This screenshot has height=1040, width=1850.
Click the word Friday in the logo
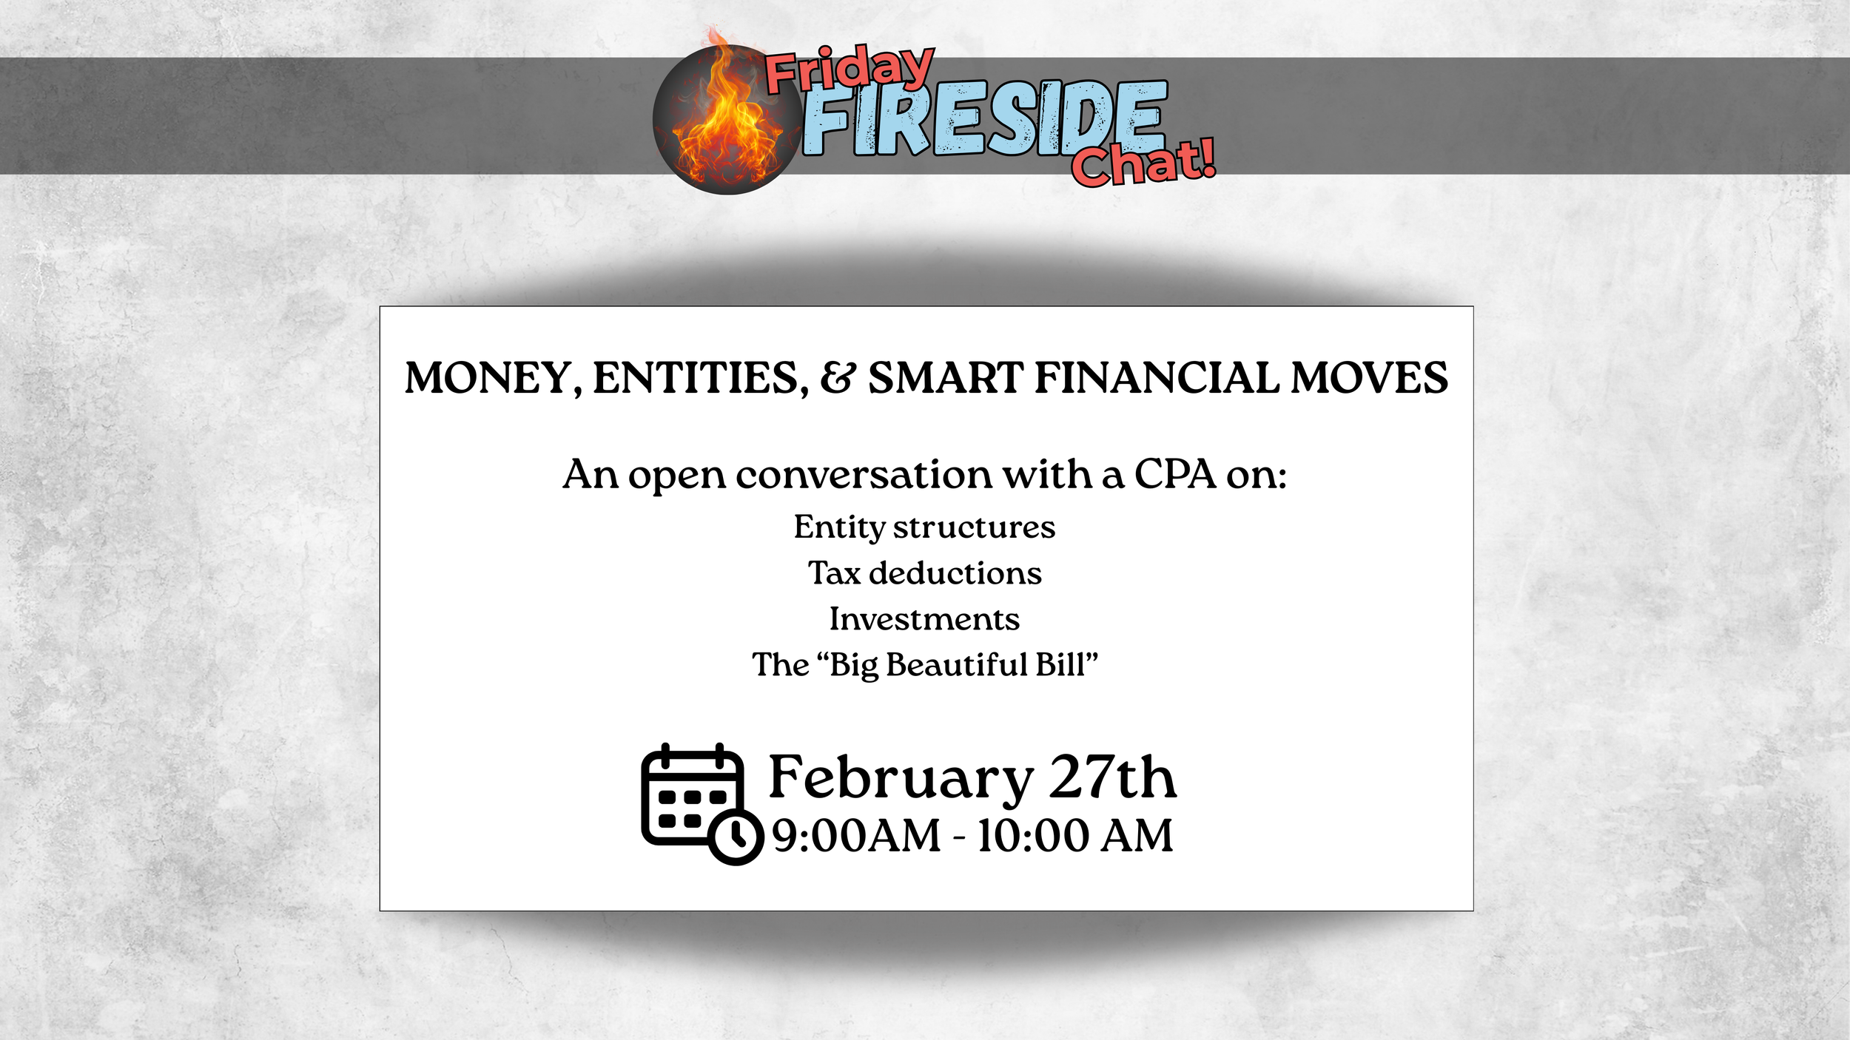click(x=849, y=68)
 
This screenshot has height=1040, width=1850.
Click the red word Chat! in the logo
click(x=1143, y=163)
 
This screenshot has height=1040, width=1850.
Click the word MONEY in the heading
click(x=488, y=378)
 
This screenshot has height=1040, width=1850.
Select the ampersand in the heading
click(x=838, y=378)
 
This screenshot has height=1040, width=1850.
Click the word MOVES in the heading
click(x=1369, y=378)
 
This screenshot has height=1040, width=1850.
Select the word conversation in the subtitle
click(x=864, y=474)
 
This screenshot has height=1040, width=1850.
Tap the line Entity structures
click(x=924, y=527)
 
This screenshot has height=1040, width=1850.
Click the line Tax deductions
click(x=924, y=573)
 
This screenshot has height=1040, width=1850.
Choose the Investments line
click(x=924, y=619)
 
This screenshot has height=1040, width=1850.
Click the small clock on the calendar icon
click(x=736, y=837)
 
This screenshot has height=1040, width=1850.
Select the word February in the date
click(x=901, y=778)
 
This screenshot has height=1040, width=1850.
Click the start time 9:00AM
click(x=856, y=836)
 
